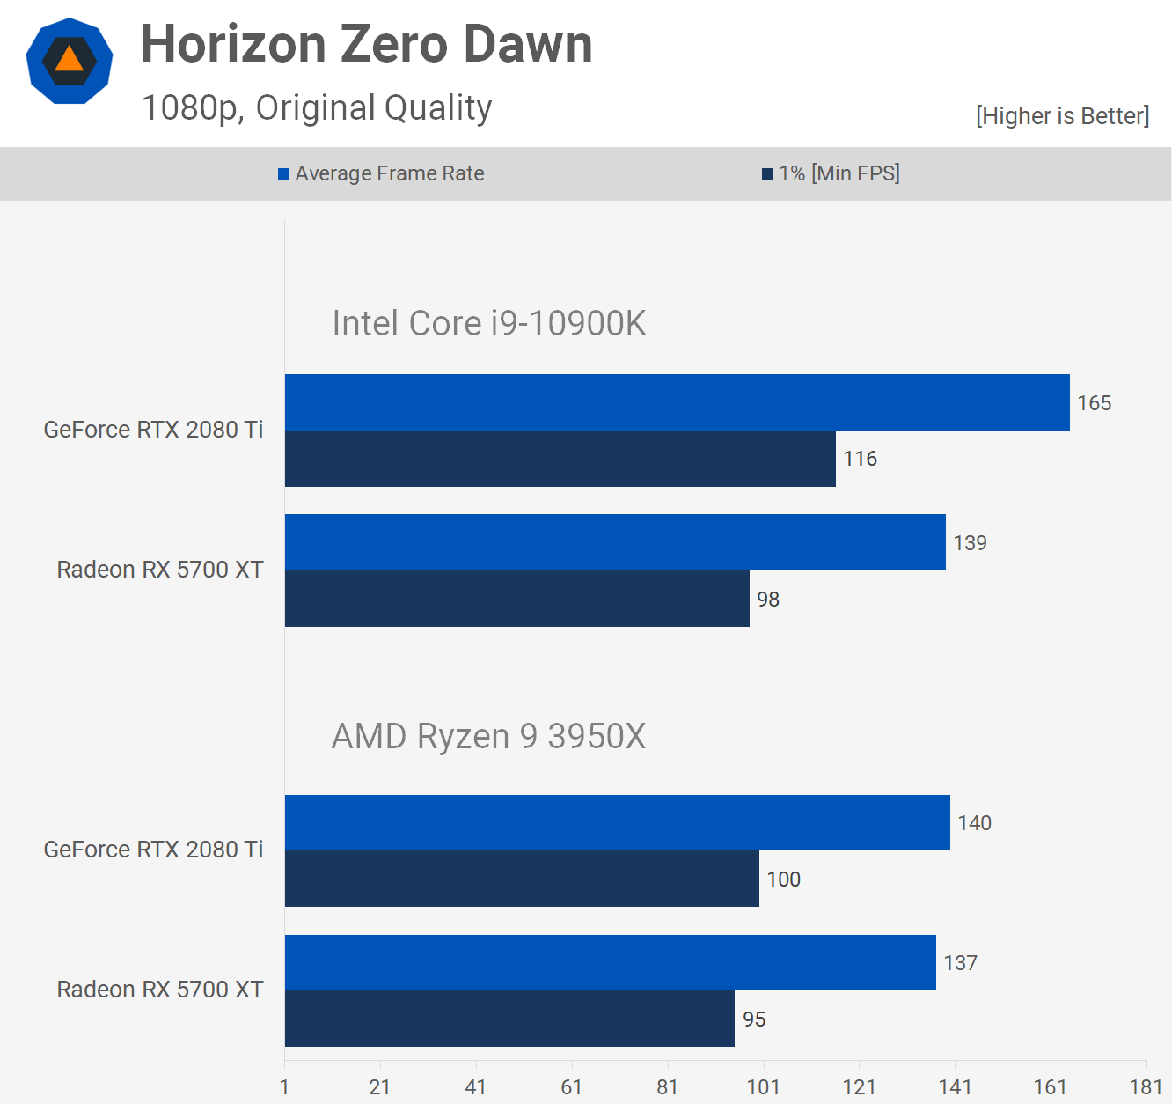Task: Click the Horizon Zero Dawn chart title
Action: point(366,44)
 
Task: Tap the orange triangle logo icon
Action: point(70,61)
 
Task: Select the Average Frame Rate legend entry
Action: point(381,173)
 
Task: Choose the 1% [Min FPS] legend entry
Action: point(831,173)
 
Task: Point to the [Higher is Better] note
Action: point(1062,116)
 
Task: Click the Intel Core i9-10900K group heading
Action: point(488,323)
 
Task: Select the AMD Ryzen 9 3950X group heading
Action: point(488,736)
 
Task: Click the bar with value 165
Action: point(677,402)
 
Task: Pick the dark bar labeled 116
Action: point(560,459)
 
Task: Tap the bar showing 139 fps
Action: point(615,542)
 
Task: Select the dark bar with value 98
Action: point(516,599)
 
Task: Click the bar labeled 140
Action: point(617,822)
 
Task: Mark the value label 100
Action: point(783,880)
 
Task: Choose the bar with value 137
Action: point(610,962)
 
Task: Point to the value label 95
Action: point(754,1019)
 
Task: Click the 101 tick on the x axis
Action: point(763,1087)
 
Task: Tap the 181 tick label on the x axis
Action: point(1146,1087)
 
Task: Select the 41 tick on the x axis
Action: point(475,1087)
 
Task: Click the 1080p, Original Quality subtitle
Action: point(317,108)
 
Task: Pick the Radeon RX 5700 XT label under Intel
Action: point(160,570)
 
